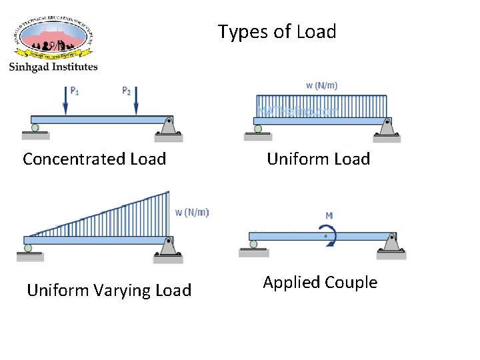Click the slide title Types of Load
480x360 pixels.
(x=277, y=32)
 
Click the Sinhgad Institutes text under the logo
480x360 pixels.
(x=53, y=67)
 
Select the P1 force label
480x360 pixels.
(x=74, y=91)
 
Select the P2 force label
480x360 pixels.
(x=127, y=91)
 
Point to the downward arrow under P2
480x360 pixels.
(x=136, y=103)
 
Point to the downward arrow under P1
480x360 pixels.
(x=65, y=103)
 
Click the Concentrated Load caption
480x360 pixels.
(x=94, y=159)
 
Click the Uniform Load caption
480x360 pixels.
(x=318, y=159)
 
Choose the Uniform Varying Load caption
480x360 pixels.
(x=109, y=291)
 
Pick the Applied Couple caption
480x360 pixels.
(x=320, y=283)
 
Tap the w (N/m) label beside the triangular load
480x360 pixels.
(x=192, y=213)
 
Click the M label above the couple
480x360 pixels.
(x=329, y=215)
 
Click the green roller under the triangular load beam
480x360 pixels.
(x=28, y=248)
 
